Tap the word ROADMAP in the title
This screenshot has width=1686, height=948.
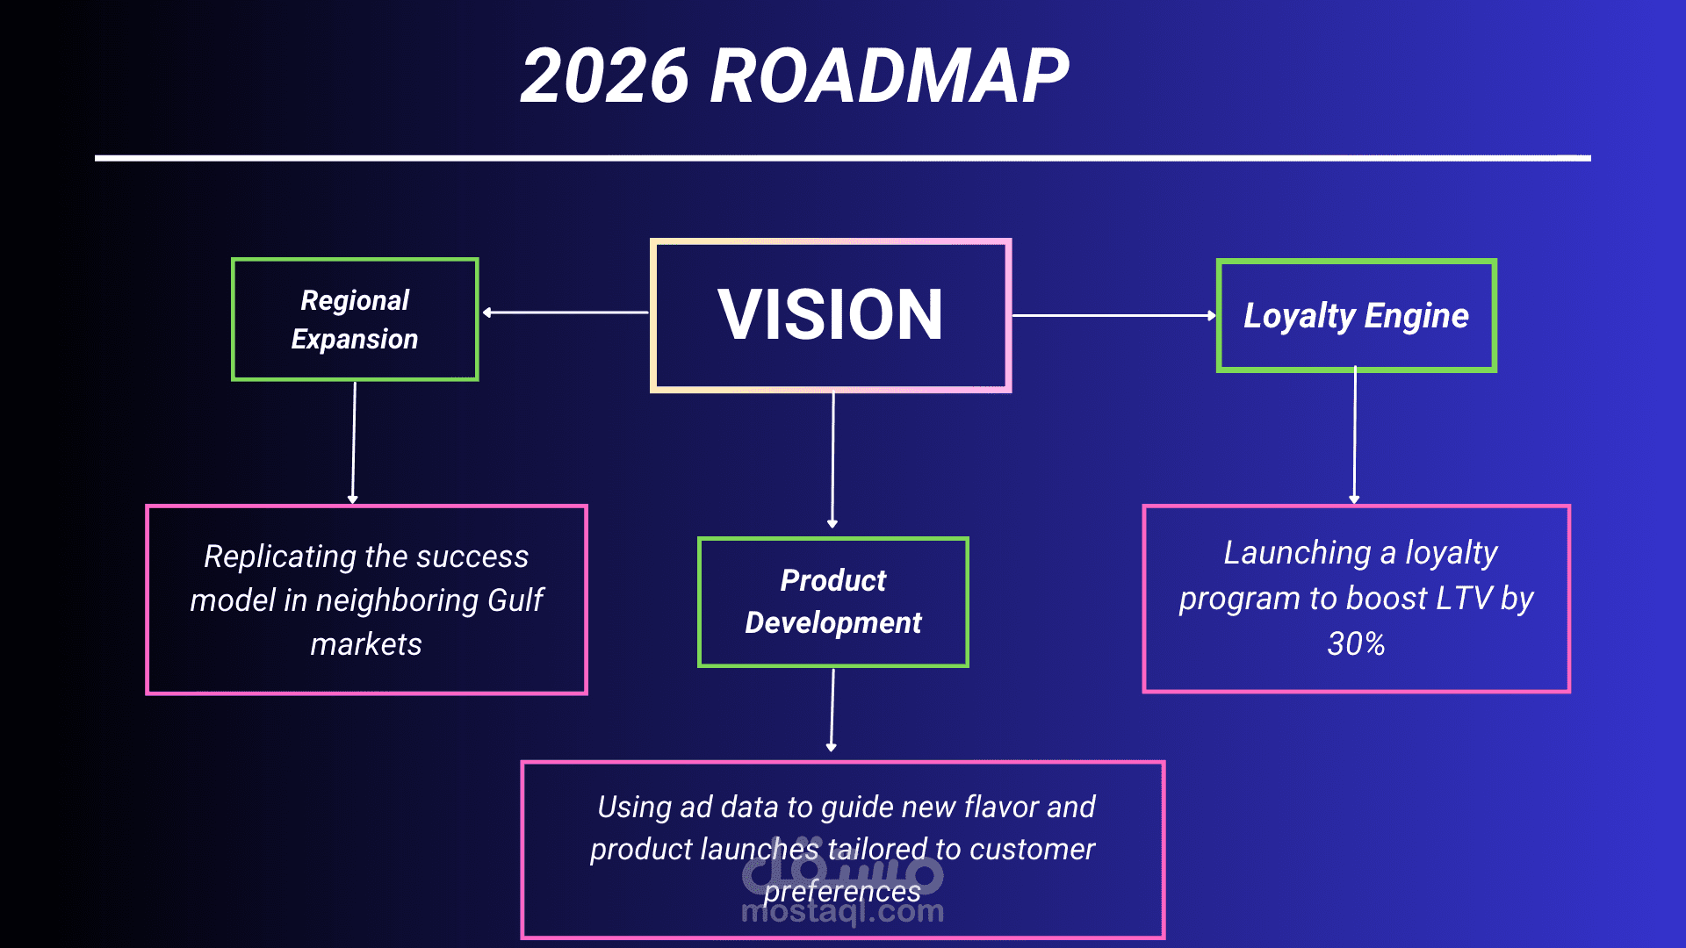point(889,76)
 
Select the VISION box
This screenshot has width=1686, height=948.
point(830,315)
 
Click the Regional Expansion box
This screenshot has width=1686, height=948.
point(355,320)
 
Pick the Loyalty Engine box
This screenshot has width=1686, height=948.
point(1356,316)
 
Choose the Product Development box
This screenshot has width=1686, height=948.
point(832,602)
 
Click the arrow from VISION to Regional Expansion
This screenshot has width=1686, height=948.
point(566,312)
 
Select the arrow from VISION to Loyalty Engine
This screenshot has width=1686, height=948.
point(1113,315)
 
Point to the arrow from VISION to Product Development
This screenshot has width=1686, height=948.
point(832,460)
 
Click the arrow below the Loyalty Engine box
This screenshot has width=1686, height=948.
point(1355,436)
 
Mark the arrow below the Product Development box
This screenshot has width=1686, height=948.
point(832,709)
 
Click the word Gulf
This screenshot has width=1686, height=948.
point(515,600)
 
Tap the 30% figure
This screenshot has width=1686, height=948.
point(1356,644)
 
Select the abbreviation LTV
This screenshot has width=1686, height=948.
point(1464,599)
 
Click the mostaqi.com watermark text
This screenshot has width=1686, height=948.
point(842,913)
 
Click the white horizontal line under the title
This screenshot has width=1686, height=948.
point(843,158)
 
